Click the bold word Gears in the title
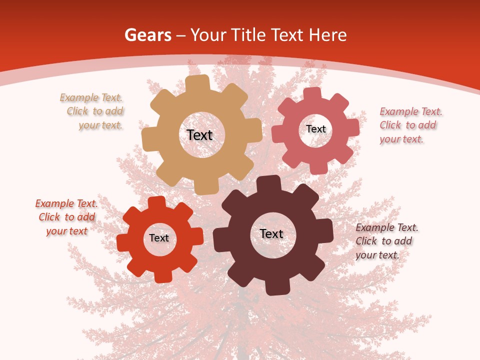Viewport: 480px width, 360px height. [147, 35]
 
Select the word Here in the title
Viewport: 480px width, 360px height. [327, 35]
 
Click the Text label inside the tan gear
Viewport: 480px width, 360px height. [199, 135]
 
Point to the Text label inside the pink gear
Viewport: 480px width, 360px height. [316, 129]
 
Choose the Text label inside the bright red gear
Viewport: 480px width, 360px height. [159, 238]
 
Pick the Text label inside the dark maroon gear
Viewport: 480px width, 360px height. [271, 233]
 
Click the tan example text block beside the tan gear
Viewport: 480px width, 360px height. [92, 111]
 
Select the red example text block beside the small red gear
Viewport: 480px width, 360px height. [66, 217]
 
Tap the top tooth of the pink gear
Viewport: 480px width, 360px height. [312, 93]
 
